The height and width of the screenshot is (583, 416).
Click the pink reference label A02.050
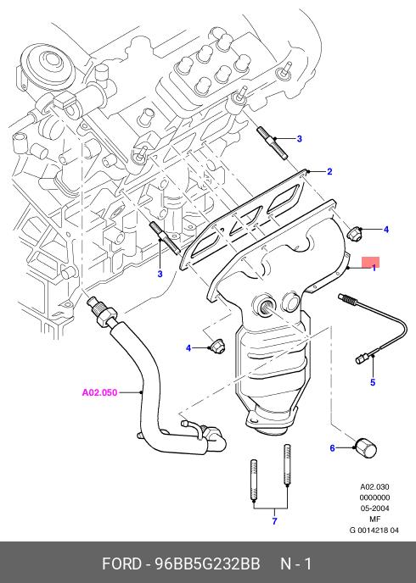click(x=99, y=392)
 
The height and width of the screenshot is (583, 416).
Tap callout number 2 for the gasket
click(x=329, y=171)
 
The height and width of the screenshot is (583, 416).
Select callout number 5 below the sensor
click(x=373, y=382)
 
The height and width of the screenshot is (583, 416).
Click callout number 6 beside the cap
click(x=333, y=448)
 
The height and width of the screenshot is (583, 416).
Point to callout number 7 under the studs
click(x=274, y=521)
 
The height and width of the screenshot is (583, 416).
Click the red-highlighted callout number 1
click(x=374, y=267)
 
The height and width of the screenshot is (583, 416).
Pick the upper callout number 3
click(x=300, y=139)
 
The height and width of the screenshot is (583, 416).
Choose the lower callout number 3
click(x=160, y=274)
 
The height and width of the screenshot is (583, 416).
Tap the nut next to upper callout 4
click(x=352, y=233)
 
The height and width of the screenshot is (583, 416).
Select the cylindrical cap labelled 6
click(x=366, y=447)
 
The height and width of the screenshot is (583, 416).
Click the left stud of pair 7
click(x=253, y=480)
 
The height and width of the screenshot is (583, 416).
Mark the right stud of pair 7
click(x=287, y=464)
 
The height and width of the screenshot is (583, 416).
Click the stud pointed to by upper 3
click(x=273, y=143)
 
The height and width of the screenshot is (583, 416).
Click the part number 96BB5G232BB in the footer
click(x=207, y=564)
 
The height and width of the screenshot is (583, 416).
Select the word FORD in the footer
click(x=121, y=564)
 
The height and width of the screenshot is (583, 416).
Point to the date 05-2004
click(x=374, y=508)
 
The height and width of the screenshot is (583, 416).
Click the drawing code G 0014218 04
click(x=374, y=530)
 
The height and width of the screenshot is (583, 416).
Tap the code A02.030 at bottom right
click(x=374, y=486)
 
